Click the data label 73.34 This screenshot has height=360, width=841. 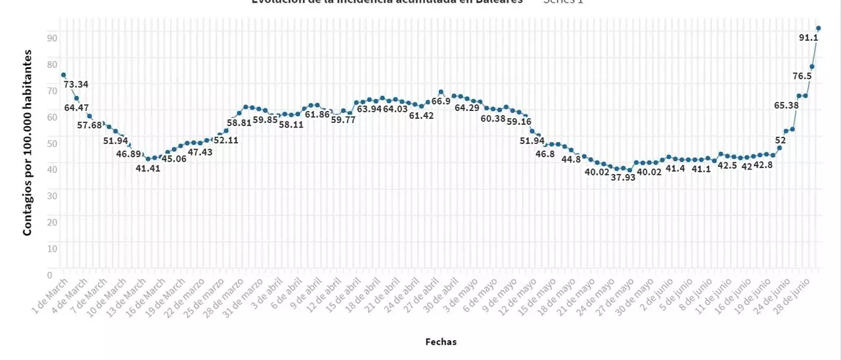(x=76, y=84)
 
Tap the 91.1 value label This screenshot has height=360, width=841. (x=808, y=38)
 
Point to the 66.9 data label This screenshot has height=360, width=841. (x=441, y=101)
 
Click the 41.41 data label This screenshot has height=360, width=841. (x=148, y=168)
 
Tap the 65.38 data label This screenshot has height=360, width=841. (x=786, y=105)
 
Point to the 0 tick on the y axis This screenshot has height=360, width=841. (x=50, y=274)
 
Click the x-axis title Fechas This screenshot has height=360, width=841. (x=441, y=342)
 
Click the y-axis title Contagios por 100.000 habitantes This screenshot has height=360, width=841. (x=28, y=141)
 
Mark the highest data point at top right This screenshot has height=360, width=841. (x=819, y=28)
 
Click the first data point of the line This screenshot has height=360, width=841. (x=63, y=75)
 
